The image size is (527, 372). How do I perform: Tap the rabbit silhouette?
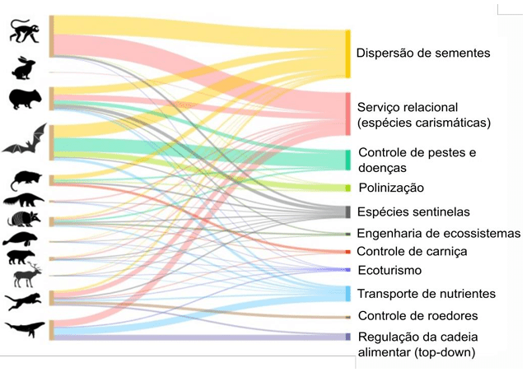pos(24,67)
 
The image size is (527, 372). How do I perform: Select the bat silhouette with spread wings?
pos(24,142)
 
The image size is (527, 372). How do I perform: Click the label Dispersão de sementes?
pos(422,53)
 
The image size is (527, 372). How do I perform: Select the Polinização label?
pos(391,188)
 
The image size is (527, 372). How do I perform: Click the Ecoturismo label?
pos(389,270)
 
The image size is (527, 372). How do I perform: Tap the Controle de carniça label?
pos(413,251)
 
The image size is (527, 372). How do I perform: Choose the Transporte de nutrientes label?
pos(426,293)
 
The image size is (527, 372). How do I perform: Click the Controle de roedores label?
pos(417,315)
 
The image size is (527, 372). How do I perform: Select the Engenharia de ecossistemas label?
pos(438,233)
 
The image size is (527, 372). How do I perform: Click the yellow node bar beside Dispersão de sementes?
pos(348,53)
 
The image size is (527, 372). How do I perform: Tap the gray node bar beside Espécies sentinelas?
pos(347,212)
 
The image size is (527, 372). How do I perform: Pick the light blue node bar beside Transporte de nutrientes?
pos(347,293)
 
